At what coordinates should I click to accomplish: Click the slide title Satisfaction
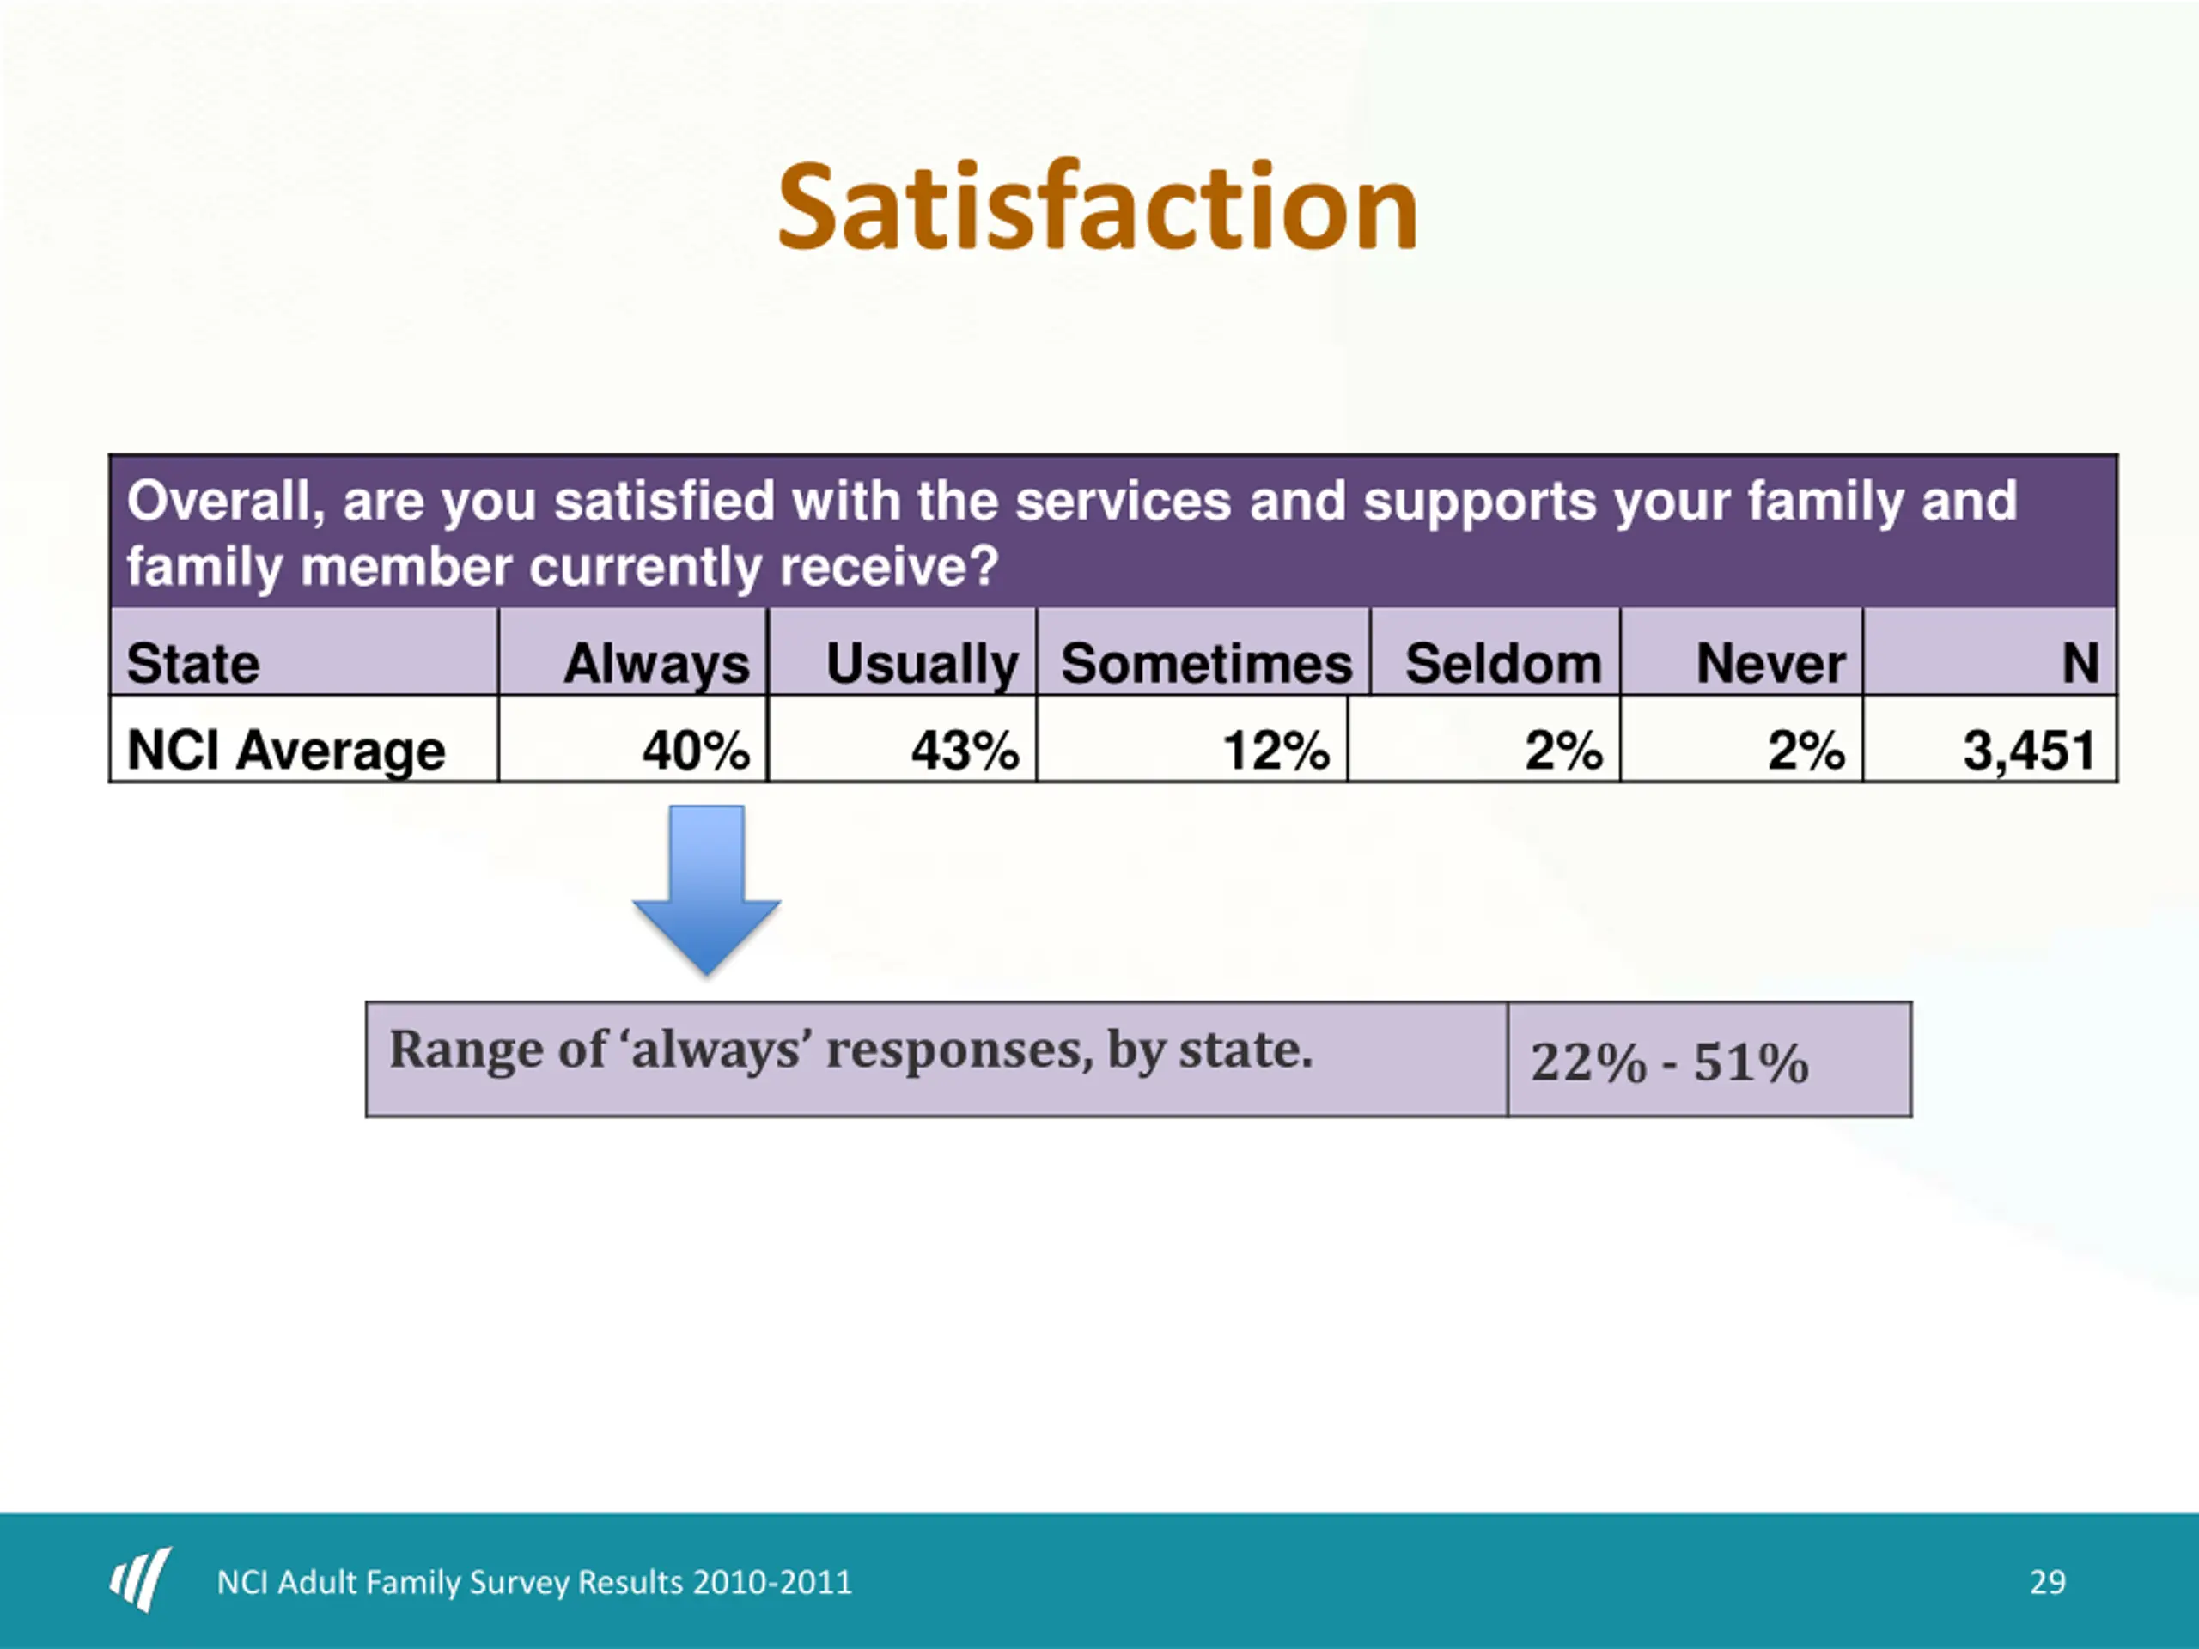[1098, 208]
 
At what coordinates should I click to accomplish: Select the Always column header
[656, 663]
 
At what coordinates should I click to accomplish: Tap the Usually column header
[922, 663]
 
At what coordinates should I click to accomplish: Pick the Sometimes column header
[1206, 663]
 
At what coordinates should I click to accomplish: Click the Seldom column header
[1502, 663]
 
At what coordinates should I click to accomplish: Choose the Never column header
[1770, 663]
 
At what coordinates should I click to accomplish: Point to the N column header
[2079, 663]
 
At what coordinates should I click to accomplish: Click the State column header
[193, 663]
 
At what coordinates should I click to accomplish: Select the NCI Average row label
[286, 750]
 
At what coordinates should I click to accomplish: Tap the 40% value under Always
[695, 750]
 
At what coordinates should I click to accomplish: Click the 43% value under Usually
[965, 750]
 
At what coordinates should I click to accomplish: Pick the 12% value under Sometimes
[1276, 750]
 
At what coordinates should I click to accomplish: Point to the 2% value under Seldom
[1562, 750]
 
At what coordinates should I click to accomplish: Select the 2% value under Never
[1806, 750]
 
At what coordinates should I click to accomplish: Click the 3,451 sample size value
[2029, 750]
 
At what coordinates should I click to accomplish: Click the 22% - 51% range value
[1669, 1062]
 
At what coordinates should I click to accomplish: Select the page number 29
[2047, 1581]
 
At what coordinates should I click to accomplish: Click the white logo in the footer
[140, 1579]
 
